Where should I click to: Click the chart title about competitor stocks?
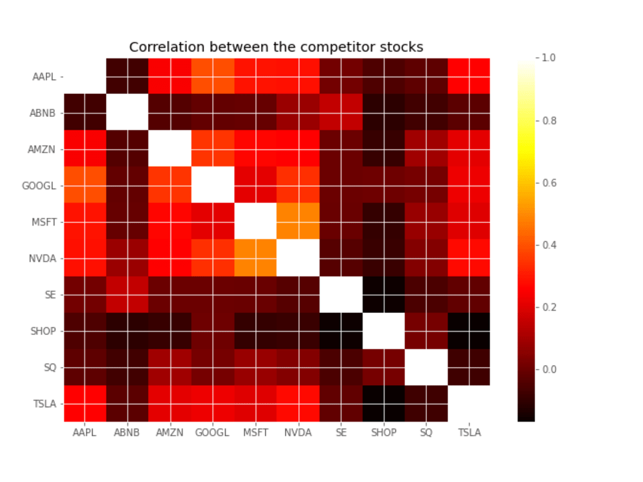pos(276,47)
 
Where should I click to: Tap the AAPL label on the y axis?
pos(44,76)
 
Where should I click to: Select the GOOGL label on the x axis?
pos(212,433)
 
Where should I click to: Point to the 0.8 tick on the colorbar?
pos(537,121)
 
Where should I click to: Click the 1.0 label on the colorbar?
pos(548,58)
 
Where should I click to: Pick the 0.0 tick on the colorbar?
pos(537,370)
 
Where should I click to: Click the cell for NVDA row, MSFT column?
pos(255,258)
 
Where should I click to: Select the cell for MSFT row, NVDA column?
pos(298,222)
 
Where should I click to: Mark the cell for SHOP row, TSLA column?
pos(468,331)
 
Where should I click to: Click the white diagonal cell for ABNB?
pos(127,112)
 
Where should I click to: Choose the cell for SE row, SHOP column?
pos(383,294)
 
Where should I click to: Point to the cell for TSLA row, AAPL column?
pos(85,404)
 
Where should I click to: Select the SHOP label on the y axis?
pos(43,331)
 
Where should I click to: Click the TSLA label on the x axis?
pos(469,433)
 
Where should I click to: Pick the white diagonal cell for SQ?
pos(426,367)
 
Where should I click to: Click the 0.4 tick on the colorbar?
pos(537,245)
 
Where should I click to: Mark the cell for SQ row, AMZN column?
pos(170,367)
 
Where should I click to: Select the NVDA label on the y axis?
pos(42,258)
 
